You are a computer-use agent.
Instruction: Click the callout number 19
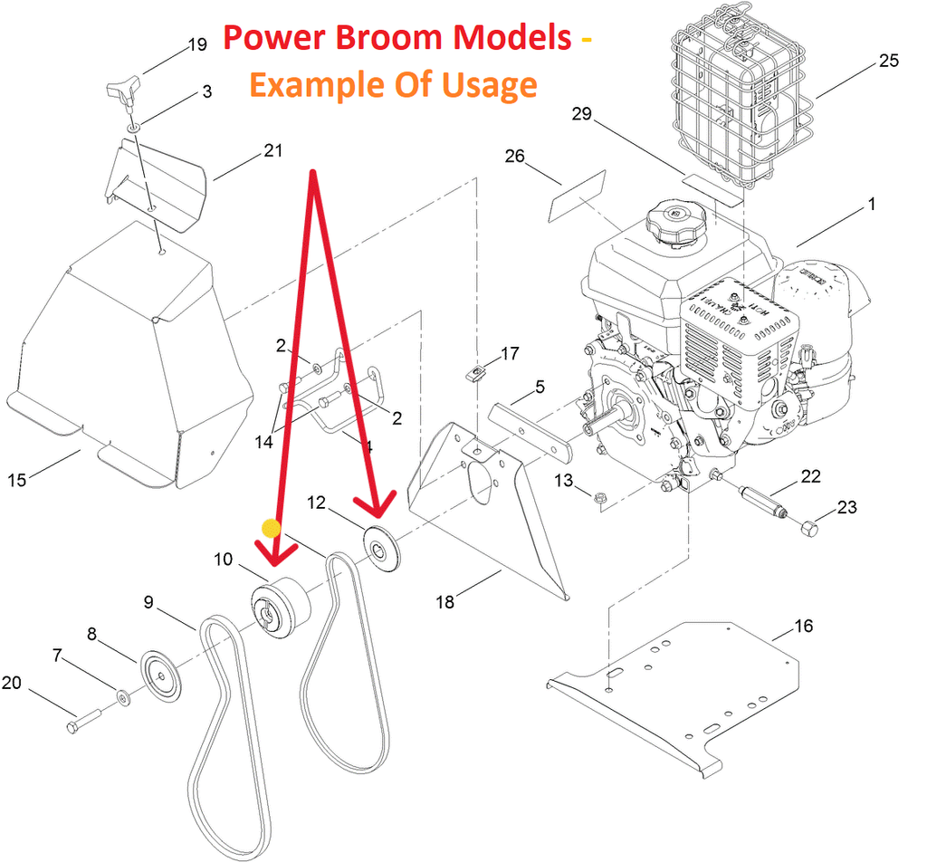coord(197,44)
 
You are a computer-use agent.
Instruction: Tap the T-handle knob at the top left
coord(121,91)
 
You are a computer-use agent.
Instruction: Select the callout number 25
coord(889,61)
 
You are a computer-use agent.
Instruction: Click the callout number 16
coord(804,626)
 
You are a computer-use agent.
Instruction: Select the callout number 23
coord(846,507)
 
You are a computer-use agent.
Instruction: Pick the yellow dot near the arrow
coord(270,527)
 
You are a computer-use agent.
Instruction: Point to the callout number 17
coord(510,353)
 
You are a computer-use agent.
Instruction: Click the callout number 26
coord(514,157)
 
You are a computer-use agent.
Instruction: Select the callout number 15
coord(17,481)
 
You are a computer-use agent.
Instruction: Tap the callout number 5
coord(540,388)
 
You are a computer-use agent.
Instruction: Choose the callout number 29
coord(581,114)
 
